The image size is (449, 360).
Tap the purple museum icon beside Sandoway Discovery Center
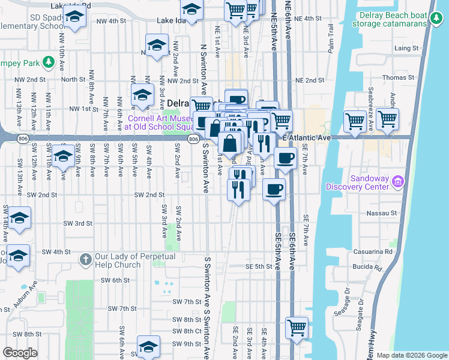coord(397,181)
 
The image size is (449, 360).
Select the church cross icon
coord(85,260)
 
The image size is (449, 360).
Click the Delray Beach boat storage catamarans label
coord(393,20)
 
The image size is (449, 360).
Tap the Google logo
coord(20,353)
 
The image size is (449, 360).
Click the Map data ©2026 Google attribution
coord(412,355)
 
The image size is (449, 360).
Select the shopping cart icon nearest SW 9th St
coord(297,328)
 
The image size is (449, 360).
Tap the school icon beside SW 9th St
coord(149,347)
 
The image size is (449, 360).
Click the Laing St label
coord(405,48)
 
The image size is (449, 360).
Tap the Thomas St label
coord(399,77)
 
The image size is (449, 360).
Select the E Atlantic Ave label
coord(307,138)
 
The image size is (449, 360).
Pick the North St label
coord(73,79)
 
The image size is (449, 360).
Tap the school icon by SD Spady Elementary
coord(75,19)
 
